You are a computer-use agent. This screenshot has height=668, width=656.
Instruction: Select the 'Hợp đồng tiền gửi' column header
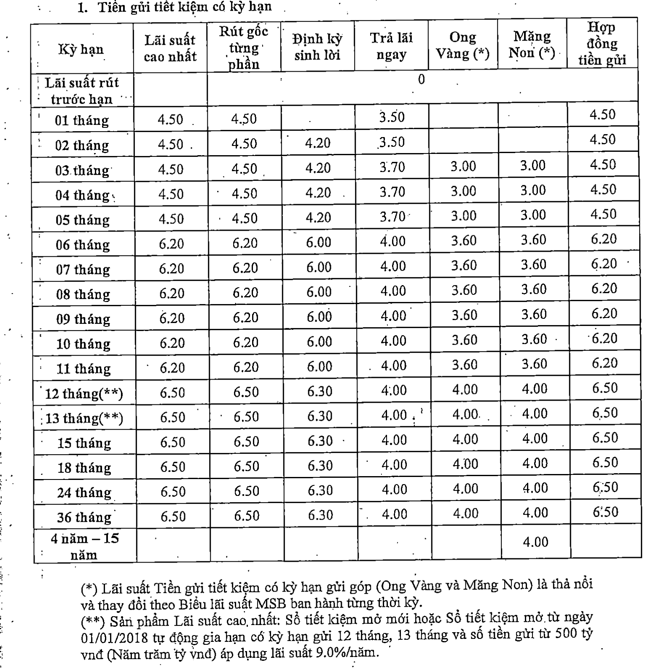[602, 44]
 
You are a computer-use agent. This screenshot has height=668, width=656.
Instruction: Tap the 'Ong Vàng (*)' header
[462, 46]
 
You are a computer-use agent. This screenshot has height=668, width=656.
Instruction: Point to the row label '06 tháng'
[83, 245]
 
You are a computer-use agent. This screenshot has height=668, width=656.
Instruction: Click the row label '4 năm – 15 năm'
[84, 547]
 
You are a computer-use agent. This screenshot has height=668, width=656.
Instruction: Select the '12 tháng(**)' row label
[84, 393]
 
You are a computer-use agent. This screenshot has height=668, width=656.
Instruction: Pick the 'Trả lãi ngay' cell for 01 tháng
[392, 117]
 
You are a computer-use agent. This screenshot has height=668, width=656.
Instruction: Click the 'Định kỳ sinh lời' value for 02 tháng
[317, 143]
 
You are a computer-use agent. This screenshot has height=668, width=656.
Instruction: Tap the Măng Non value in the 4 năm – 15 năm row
[535, 541]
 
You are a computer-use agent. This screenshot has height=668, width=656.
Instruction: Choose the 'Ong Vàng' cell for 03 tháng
[463, 166]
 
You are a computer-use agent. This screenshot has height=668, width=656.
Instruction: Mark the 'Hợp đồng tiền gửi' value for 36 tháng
[605, 512]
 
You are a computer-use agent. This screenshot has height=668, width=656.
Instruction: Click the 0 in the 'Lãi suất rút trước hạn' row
[421, 80]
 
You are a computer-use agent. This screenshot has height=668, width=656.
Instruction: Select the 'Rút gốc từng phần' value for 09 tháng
[245, 317]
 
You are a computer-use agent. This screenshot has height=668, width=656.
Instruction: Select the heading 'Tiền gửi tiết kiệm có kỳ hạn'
[185, 7]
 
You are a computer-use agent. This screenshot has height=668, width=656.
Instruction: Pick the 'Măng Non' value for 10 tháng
[534, 339]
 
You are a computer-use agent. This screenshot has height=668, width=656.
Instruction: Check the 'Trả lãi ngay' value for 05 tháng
[393, 217]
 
